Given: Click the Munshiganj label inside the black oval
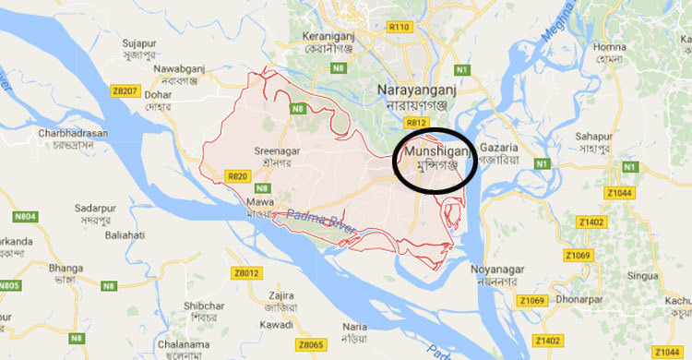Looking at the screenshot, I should [x=438, y=150].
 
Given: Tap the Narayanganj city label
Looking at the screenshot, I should [x=415, y=89].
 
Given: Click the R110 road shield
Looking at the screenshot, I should [x=400, y=28].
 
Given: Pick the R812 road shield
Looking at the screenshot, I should [x=416, y=122].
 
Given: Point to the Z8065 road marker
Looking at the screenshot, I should [x=311, y=344].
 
